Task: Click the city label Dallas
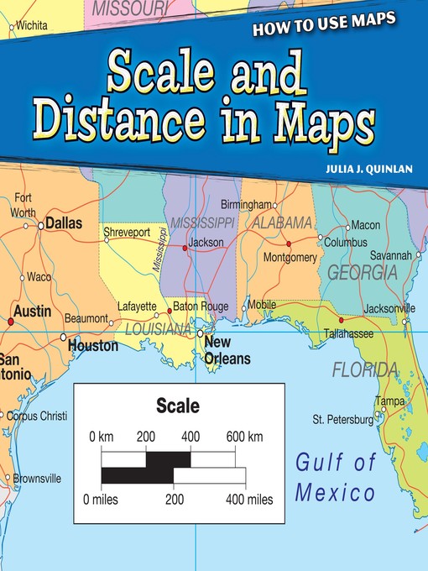(x=65, y=224)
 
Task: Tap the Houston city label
(x=93, y=345)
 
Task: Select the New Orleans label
(x=227, y=351)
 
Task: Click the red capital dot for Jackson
(x=185, y=248)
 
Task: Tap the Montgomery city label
(x=290, y=257)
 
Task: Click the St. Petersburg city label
(x=342, y=418)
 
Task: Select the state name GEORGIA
(x=362, y=273)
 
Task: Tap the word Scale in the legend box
(x=178, y=407)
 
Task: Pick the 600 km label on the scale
(x=243, y=437)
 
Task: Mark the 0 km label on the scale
(x=102, y=437)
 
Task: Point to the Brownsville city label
(x=37, y=478)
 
